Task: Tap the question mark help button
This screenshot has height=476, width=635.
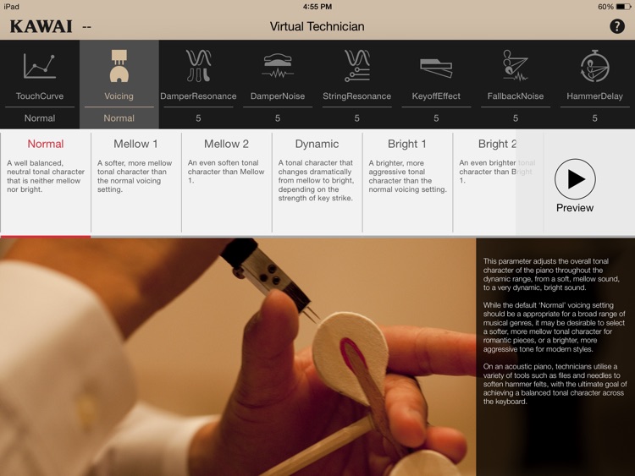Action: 616,26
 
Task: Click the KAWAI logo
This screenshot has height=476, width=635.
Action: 41,26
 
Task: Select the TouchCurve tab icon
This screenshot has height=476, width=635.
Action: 40,66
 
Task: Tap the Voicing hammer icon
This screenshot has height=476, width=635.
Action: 119,65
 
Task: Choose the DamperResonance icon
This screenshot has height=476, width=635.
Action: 198,65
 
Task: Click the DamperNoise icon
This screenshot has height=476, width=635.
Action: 278,65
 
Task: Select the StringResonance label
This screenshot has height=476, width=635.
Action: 356,96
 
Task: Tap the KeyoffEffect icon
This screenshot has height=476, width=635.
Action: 436,66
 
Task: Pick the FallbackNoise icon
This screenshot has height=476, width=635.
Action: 515,66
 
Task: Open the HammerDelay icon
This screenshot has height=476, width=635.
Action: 594,66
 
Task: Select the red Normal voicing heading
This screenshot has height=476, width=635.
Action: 46,144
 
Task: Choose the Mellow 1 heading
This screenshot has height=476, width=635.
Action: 135,144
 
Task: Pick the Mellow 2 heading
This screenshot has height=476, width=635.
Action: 226,144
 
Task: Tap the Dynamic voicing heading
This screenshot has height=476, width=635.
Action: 317,144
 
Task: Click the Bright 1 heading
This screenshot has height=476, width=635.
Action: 407,144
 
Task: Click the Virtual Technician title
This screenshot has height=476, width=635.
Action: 317,26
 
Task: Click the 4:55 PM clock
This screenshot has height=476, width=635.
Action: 317,6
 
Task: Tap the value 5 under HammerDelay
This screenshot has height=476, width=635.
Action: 594,118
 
